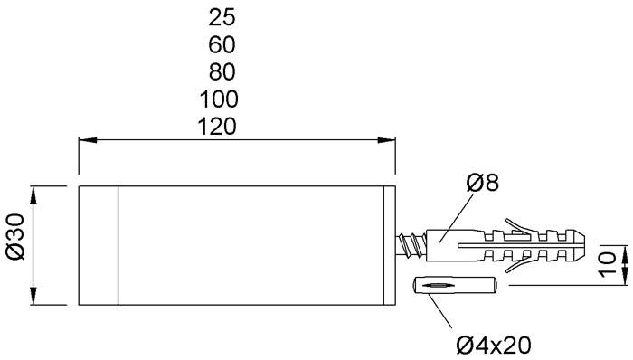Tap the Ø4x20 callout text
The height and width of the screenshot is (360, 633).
(493, 344)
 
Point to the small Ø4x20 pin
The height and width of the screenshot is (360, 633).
(453, 286)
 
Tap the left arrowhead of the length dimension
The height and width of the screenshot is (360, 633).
(86, 140)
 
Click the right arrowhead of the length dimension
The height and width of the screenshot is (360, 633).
(388, 140)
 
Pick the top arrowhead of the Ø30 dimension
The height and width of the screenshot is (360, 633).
(34, 193)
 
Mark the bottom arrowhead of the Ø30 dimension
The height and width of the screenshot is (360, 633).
(34, 301)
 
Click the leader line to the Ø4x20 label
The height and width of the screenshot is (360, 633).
(444, 312)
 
